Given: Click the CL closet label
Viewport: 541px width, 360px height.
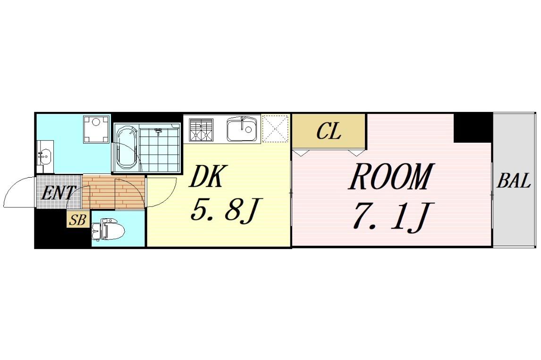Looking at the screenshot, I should [x=329, y=132].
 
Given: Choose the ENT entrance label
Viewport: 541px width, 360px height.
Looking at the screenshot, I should [x=58, y=193].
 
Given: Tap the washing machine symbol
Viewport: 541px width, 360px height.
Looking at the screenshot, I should [x=96, y=128].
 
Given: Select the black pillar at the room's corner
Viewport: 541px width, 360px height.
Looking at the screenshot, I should [x=473, y=127].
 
